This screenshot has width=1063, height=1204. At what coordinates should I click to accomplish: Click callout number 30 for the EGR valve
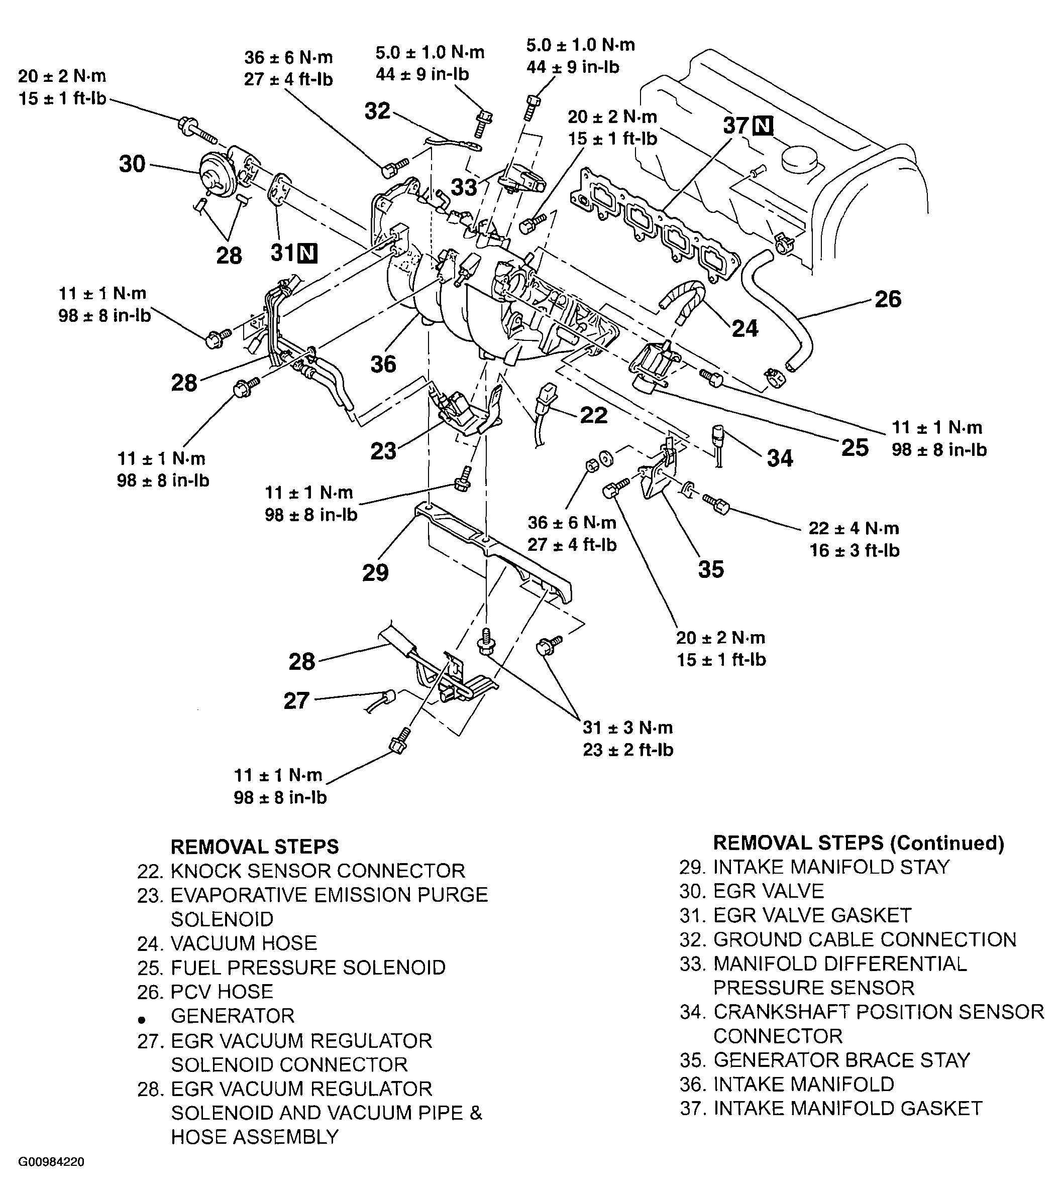132,164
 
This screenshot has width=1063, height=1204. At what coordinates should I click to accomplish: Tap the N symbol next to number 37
764,126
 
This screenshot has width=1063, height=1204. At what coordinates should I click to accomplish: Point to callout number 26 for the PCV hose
887,299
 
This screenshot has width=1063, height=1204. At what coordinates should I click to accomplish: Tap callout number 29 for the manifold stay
375,572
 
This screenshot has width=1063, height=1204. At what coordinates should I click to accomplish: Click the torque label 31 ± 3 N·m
627,728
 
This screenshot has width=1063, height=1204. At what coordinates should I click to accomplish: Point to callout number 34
780,458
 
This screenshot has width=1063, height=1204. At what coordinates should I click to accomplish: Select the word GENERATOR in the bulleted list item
232,1016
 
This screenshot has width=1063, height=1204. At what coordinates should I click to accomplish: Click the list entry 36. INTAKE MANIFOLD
787,1085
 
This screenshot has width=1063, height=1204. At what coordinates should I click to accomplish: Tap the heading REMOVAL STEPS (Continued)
858,843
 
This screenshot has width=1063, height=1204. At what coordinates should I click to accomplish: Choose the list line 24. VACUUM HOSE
227,943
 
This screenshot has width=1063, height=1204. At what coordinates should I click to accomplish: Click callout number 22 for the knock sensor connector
593,415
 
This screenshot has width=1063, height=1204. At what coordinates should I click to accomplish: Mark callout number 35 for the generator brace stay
711,569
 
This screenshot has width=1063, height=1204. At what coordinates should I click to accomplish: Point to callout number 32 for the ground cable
377,111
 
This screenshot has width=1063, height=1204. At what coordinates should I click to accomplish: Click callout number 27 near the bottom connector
296,701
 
